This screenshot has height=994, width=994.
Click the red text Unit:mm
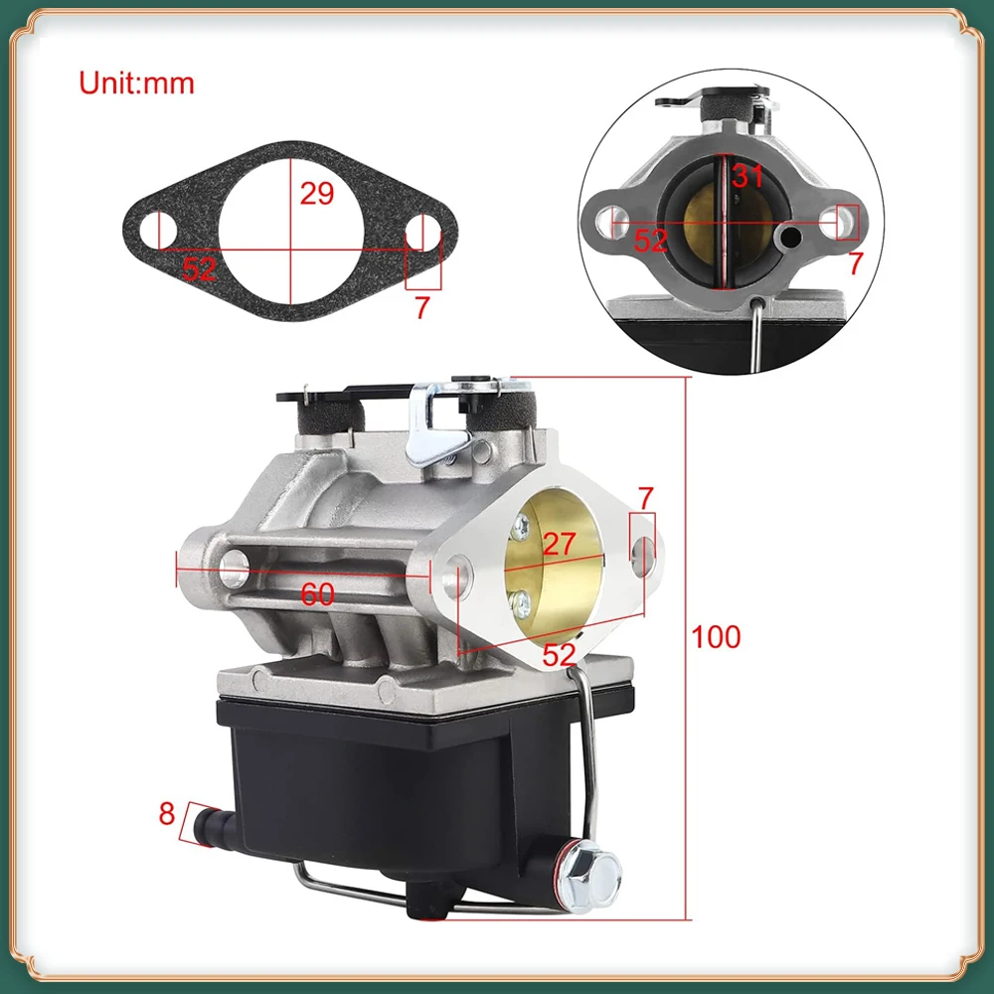click(137, 83)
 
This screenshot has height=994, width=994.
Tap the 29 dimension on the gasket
click(317, 193)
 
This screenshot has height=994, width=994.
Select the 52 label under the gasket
click(199, 269)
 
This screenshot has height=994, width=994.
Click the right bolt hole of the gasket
click(421, 232)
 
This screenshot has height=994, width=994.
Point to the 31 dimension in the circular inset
click(747, 177)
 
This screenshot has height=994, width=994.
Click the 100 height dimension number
click(717, 637)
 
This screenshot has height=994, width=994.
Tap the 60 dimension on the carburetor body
click(317, 595)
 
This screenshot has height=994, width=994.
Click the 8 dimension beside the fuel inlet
click(166, 814)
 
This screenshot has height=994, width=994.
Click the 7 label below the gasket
click(421, 308)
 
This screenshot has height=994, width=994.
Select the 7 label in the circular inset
click(856, 262)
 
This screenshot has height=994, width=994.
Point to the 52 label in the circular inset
click(651, 240)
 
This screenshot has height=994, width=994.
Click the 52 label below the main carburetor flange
click(560, 653)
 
